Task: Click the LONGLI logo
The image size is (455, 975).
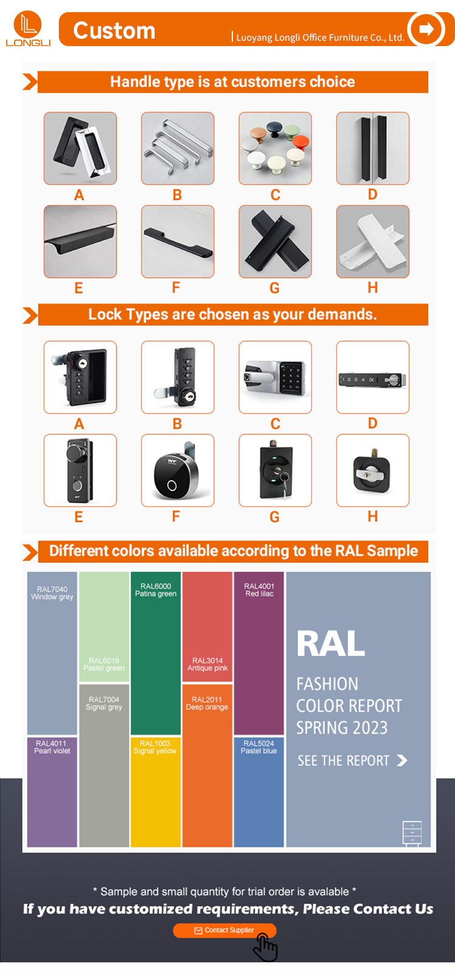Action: (x=28, y=29)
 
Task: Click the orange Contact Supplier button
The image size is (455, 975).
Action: (x=224, y=930)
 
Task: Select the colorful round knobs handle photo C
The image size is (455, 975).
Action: (x=275, y=148)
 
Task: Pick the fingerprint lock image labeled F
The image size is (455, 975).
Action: (x=177, y=470)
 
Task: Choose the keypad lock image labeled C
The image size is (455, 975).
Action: (x=275, y=377)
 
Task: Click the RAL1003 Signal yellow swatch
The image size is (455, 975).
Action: (x=155, y=792)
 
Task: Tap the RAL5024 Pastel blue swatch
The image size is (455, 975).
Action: (x=259, y=792)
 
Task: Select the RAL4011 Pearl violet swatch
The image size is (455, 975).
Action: (x=52, y=792)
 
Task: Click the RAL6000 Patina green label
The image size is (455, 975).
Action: (x=155, y=590)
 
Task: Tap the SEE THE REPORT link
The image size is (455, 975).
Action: (x=352, y=761)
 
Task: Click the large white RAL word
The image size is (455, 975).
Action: (x=331, y=644)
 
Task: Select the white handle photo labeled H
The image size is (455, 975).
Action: (x=372, y=241)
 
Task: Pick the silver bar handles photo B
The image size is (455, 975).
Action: (x=177, y=148)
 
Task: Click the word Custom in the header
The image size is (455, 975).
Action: (x=114, y=30)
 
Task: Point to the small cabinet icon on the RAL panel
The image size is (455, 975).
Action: (x=412, y=833)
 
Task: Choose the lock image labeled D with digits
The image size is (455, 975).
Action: (x=372, y=377)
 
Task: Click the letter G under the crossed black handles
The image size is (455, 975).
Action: (x=275, y=288)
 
